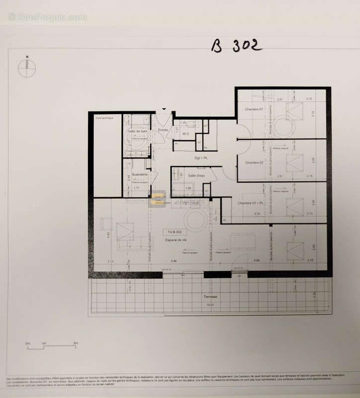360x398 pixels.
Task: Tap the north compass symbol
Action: coord(27,68)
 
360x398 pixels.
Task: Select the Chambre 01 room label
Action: coord(254,109)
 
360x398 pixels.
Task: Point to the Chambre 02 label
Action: coord(253,162)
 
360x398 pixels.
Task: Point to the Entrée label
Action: coord(163,130)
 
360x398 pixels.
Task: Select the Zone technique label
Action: coord(104,117)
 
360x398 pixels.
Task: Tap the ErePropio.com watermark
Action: coord(47,17)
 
